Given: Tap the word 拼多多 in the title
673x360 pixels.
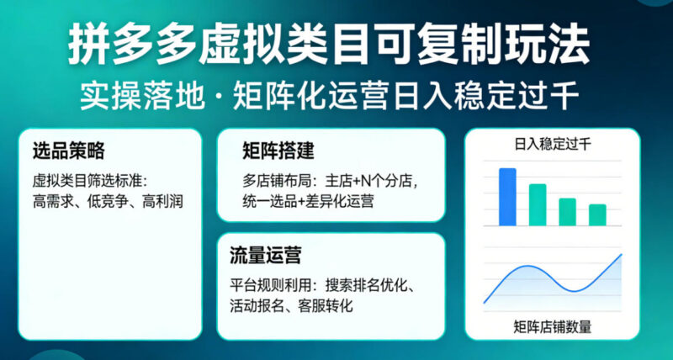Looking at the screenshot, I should (x=124, y=41).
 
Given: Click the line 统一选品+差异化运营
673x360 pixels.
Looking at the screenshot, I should (x=309, y=201).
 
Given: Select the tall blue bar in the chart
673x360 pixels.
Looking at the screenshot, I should (x=507, y=197).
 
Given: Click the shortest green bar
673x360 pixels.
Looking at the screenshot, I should (x=597, y=214).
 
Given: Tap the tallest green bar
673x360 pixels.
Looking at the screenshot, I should (x=538, y=204).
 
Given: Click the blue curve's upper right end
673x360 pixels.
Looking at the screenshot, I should (x=621, y=254).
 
